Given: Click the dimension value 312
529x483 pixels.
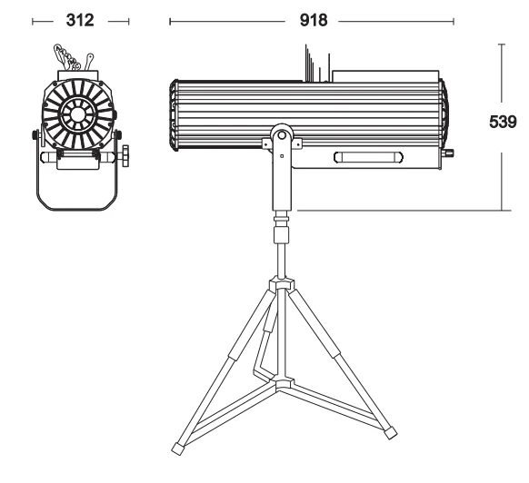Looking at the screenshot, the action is pos(80,20).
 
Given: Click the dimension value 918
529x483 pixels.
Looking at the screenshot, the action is pos(314,20).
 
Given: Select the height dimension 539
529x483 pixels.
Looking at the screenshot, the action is pos(503,122).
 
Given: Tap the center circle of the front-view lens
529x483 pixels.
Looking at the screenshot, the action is pos(77,113).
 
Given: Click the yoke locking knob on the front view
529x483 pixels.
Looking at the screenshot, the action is pos(125,155).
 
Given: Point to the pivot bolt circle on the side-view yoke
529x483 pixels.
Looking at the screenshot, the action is pos(282,135).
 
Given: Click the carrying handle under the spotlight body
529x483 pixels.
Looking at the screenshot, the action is pos(368,157).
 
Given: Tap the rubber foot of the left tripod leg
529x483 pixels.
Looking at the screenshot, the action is pos(178,448).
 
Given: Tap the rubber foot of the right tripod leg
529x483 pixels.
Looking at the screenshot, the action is pos(391,433).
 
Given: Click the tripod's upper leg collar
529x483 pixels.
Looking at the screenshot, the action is pos(282,282).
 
